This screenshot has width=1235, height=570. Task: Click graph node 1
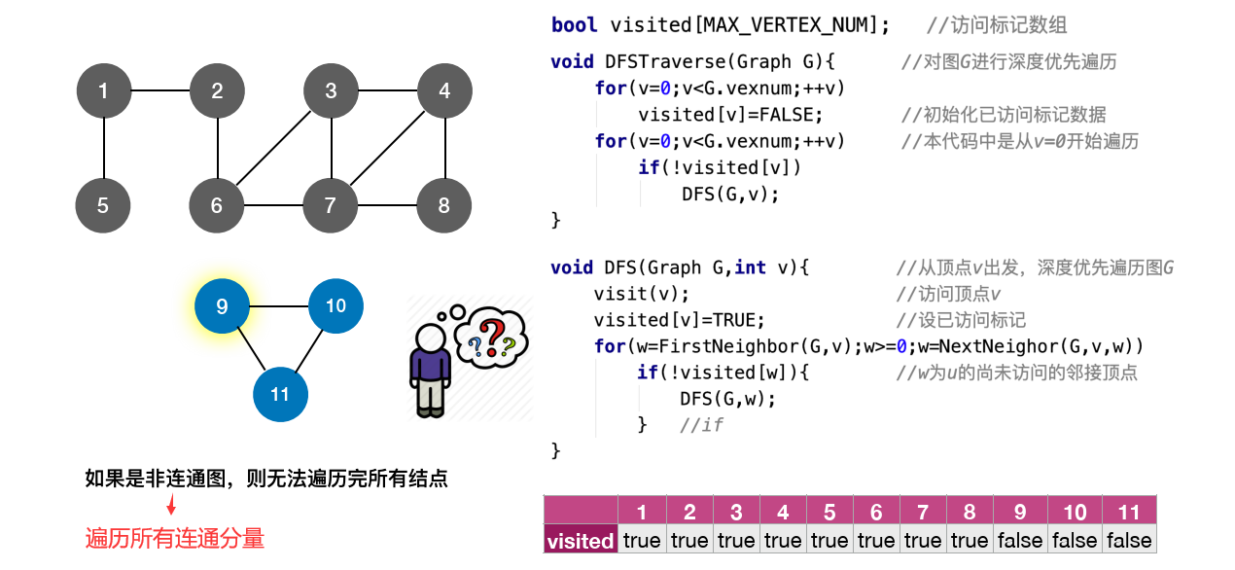coord(103,91)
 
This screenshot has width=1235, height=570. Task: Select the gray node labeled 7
coord(331,205)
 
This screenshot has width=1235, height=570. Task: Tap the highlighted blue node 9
coord(222,306)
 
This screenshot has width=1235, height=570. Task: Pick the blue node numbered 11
coord(280,394)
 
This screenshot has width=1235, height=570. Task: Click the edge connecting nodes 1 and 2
coord(159,91)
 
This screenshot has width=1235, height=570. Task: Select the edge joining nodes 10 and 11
coord(309,349)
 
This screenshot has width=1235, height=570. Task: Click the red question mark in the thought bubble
coord(494,335)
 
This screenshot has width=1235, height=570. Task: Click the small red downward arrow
coord(171,506)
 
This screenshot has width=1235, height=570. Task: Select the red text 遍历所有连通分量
coord(175,538)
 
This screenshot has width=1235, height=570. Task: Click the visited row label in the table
coord(581,541)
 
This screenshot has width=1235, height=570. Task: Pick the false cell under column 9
coord(1020,541)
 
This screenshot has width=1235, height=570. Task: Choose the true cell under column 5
coord(829,541)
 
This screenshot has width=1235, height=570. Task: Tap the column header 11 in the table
coord(1129,512)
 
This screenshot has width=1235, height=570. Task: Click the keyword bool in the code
coord(575,25)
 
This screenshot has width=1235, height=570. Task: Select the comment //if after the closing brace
coord(701,425)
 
